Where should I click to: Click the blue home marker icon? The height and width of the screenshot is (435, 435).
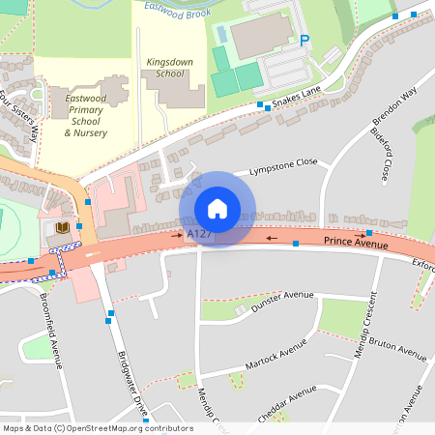[x=217, y=209]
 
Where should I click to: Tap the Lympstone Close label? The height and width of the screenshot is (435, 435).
[x=282, y=166]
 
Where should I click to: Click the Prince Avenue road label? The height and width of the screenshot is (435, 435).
[x=356, y=243]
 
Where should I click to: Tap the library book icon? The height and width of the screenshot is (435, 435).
[x=63, y=228]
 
